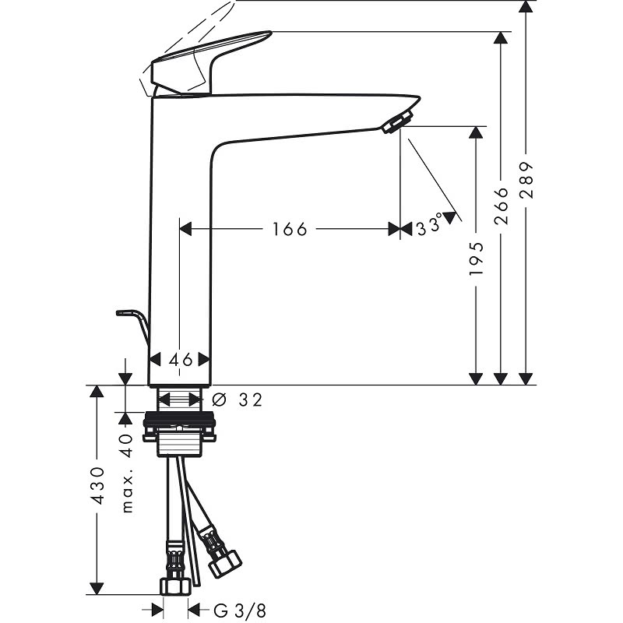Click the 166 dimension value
[x=290, y=229]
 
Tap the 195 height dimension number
[x=476, y=259]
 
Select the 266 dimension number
[x=501, y=206]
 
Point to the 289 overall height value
[x=526, y=180]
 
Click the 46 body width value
[x=181, y=360]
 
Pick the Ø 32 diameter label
[x=238, y=399]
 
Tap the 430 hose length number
[x=97, y=486]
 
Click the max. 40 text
[x=127, y=473]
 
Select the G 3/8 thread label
[x=239, y=611]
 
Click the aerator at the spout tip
[x=397, y=122]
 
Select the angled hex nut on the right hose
[x=225, y=564]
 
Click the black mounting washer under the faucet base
[x=180, y=419]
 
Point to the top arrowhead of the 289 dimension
[x=526, y=7]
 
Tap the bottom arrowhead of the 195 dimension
[x=476, y=379]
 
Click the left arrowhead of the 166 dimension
[x=185, y=229]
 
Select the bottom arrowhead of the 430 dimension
[x=97, y=589]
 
